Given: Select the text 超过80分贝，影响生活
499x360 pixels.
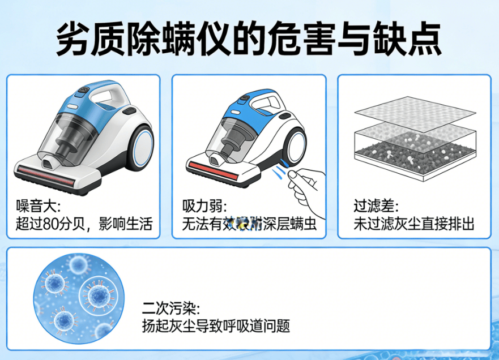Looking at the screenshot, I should [84, 224].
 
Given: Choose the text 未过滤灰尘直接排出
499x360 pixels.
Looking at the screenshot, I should [413, 224].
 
